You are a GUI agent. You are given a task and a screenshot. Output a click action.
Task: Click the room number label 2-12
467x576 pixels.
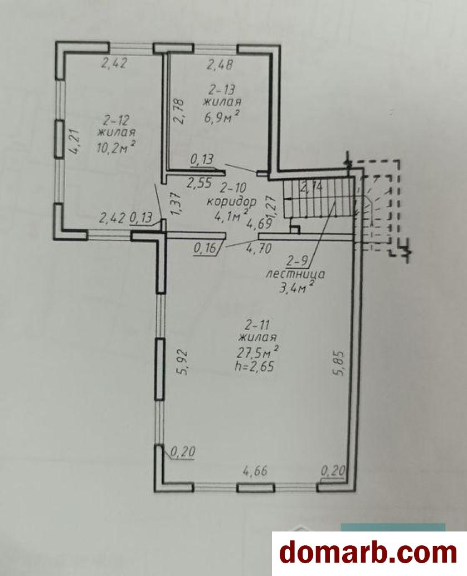(116, 120)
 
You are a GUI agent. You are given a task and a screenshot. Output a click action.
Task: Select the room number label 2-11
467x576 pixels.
(257, 326)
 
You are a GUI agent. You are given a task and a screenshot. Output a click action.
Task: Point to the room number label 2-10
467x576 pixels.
(233, 188)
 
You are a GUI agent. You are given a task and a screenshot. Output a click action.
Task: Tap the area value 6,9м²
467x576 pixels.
(222, 117)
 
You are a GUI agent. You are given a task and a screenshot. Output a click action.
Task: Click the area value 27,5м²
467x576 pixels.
(257, 352)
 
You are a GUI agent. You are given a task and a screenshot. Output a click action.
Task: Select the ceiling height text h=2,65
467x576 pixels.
(256, 366)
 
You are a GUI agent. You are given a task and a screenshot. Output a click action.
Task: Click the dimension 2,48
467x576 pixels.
(220, 65)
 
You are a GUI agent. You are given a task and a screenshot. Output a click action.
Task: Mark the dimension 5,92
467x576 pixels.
(183, 362)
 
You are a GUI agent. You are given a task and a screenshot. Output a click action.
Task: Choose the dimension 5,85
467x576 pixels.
(339, 363)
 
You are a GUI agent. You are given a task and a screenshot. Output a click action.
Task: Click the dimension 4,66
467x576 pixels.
(255, 470)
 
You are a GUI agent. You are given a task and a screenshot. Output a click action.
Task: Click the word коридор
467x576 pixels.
(231, 201)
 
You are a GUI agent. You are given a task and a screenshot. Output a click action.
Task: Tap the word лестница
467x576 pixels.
(295, 274)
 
